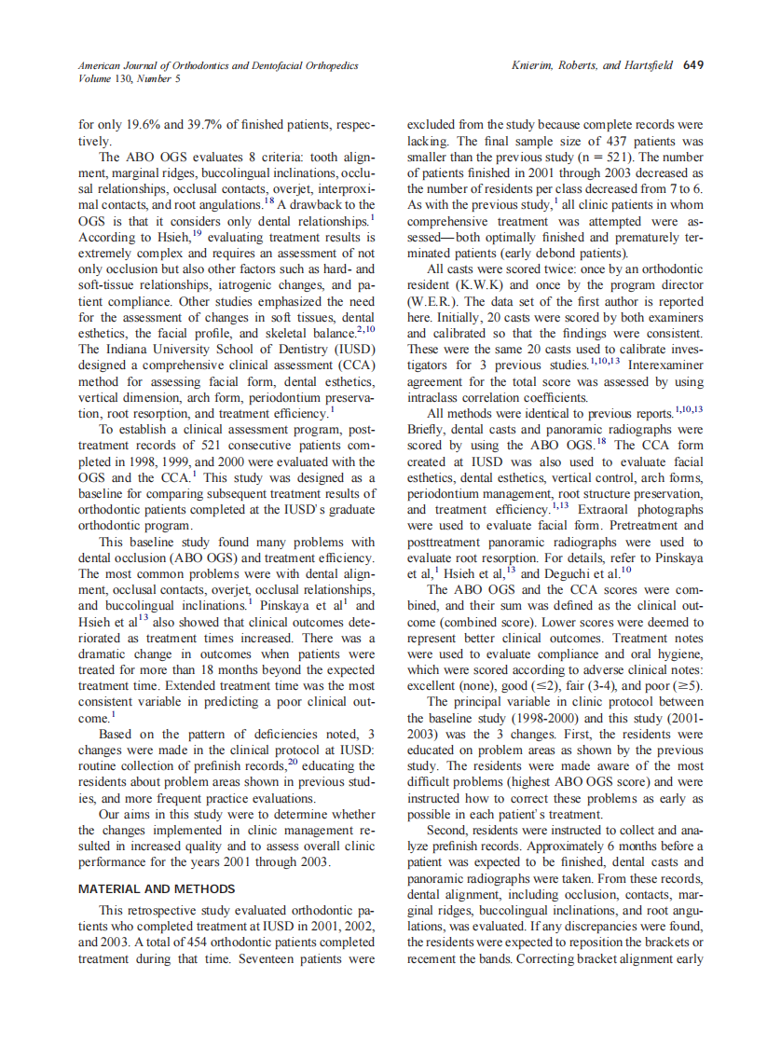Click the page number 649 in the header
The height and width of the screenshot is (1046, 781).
coord(692,65)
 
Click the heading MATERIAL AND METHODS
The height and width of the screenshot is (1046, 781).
coord(157,888)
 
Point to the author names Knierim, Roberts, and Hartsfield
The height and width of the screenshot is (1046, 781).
coord(593,65)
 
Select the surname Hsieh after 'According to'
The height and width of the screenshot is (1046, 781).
coord(161,237)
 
